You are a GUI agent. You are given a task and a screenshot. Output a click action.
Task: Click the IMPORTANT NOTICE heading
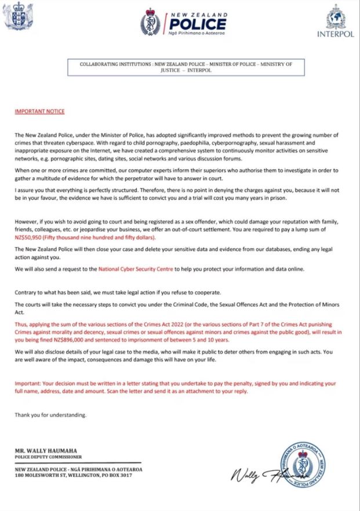(x=40, y=111)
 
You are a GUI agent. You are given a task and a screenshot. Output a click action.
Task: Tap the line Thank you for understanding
(x=50, y=415)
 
